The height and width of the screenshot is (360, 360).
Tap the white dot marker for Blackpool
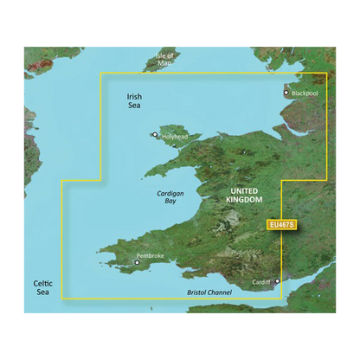[286, 92]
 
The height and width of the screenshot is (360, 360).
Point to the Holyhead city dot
[155, 135]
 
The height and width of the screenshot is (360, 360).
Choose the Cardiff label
[263, 282]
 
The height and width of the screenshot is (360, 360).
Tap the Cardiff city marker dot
[278, 282]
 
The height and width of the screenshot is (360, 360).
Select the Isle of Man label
[164, 60]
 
